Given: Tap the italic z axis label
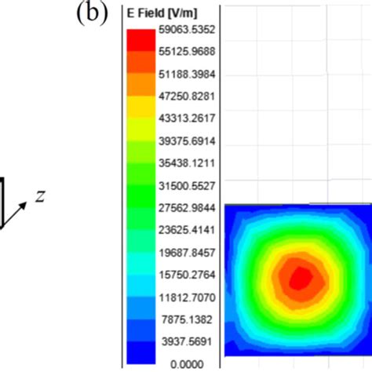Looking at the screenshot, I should point(40,194).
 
